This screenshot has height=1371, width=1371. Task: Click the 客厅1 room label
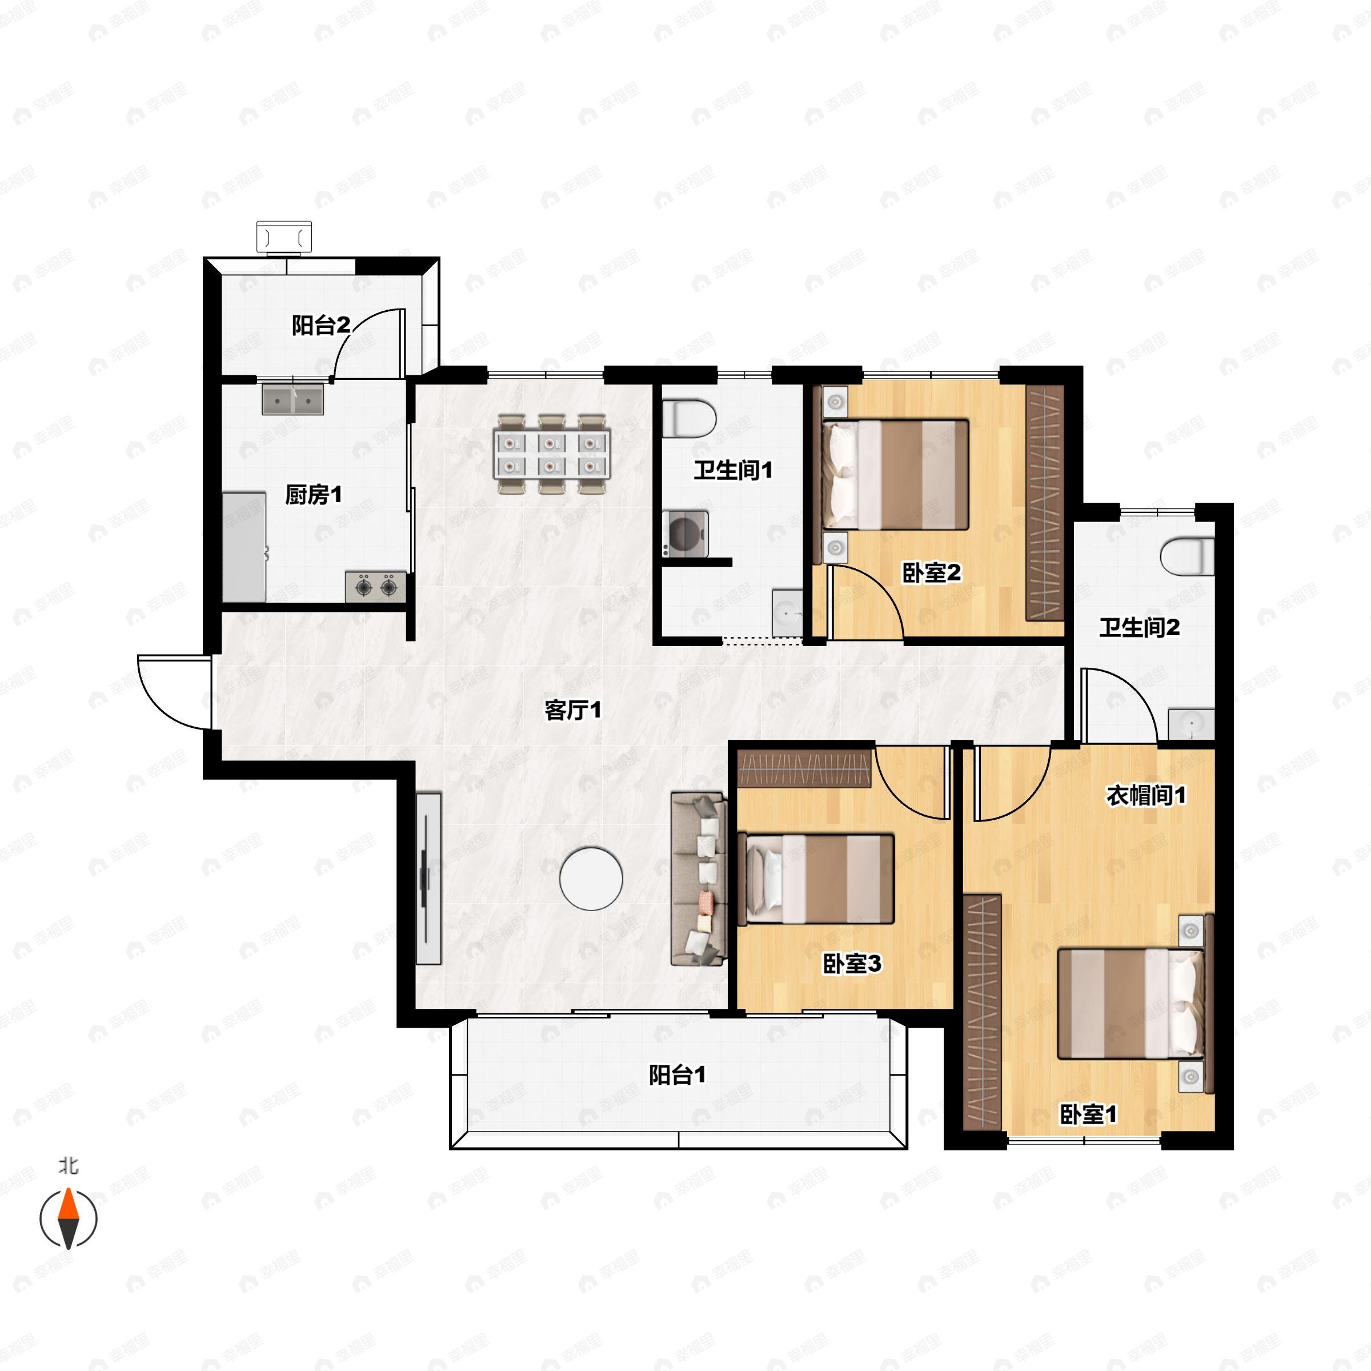click(x=572, y=709)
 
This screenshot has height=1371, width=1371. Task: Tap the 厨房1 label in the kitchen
click(x=314, y=494)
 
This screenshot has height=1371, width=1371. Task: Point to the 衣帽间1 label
click(x=1146, y=796)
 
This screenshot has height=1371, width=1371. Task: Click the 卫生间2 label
click(x=1140, y=627)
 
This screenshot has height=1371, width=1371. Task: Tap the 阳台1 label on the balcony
click(x=678, y=1075)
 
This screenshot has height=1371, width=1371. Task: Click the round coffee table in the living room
click(x=591, y=879)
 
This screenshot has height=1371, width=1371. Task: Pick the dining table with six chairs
click(x=552, y=454)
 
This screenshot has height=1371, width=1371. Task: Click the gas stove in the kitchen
click(x=376, y=587)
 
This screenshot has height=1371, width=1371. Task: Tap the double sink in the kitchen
click(x=292, y=399)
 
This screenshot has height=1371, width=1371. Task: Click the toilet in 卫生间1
click(x=688, y=419)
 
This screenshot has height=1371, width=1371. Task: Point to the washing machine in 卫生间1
click(x=685, y=533)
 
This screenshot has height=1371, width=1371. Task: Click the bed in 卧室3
click(x=816, y=879)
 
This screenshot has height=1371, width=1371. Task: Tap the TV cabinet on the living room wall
click(x=428, y=879)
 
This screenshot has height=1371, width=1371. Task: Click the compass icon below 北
click(x=68, y=1218)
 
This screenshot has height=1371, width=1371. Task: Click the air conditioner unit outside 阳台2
click(x=284, y=237)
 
